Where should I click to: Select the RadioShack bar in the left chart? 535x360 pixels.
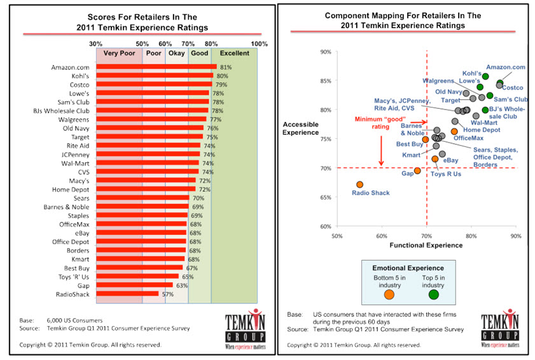(x=127, y=293)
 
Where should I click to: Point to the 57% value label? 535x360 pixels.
(x=167, y=294)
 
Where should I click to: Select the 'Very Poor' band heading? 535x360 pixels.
(x=118, y=53)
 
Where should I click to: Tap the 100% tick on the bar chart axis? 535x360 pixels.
(x=260, y=44)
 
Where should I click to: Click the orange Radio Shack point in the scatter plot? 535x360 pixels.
(x=359, y=184)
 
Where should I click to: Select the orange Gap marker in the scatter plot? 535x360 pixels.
(x=417, y=170)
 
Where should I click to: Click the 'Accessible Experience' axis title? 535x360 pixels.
(x=301, y=128)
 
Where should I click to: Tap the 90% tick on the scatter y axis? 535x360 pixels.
(x=325, y=52)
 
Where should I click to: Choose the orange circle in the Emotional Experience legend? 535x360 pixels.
(x=389, y=294)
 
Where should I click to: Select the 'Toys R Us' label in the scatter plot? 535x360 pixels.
(x=446, y=173)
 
